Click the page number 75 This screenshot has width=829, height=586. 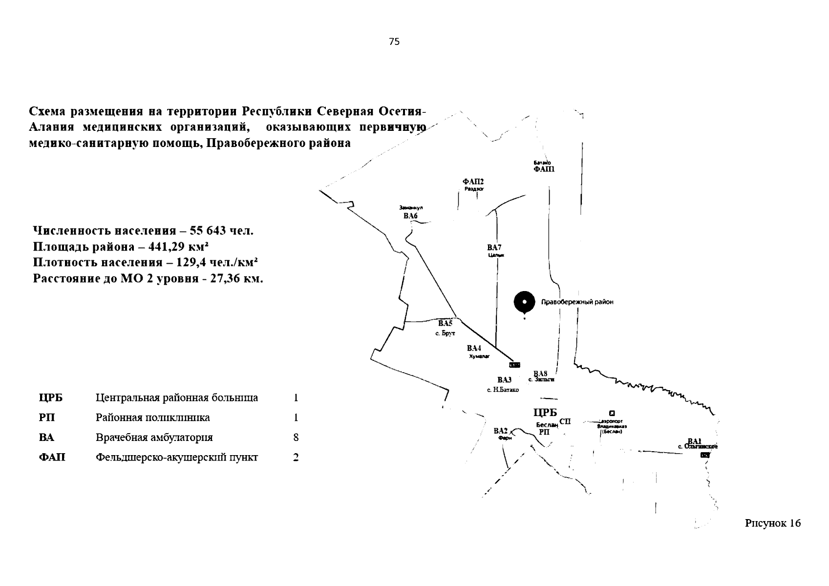(x=394, y=42)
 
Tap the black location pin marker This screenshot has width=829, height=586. (x=524, y=302)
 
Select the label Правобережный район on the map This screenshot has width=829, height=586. (x=577, y=302)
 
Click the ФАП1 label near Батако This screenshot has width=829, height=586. (x=544, y=169)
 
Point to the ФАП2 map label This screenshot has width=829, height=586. (x=473, y=182)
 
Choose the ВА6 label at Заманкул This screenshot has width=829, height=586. (x=410, y=216)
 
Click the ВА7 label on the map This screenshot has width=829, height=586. (x=494, y=248)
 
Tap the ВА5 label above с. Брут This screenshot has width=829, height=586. (x=445, y=323)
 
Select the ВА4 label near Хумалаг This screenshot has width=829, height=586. (x=474, y=348)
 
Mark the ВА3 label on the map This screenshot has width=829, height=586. (x=504, y=380)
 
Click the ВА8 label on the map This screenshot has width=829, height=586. (x=540, y=374)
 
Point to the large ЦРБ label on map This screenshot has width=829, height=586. (x=545, y=413)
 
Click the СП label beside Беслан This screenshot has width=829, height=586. (x=565, y=421)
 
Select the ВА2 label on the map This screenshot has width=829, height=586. (x=501, y=431)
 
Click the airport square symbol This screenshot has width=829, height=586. (x=612, y=413)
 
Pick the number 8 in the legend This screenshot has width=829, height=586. (x=296, y=438)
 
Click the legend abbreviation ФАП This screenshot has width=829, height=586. (x=52, y=458)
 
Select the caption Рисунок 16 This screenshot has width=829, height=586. (x=773, y=523)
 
